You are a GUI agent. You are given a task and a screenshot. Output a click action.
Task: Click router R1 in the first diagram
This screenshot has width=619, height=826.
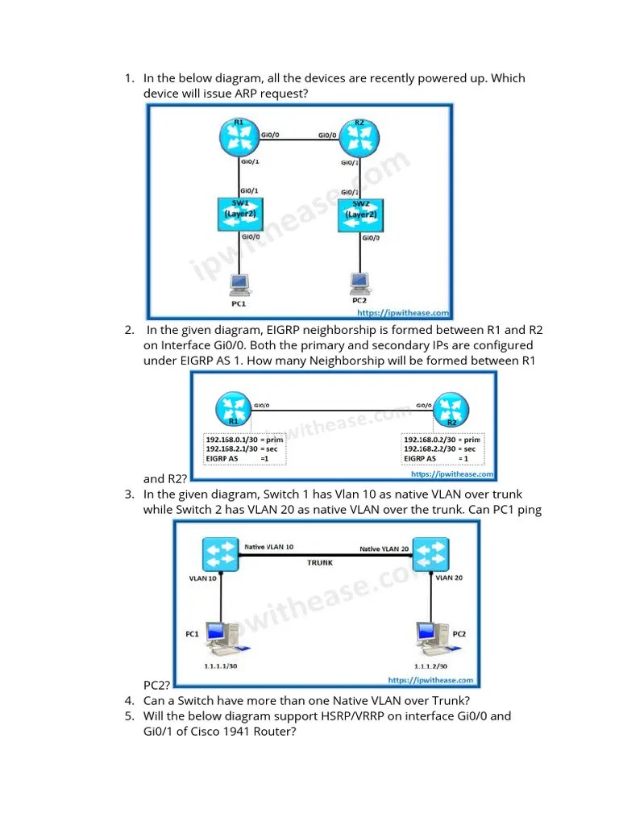click(x=239, y=137)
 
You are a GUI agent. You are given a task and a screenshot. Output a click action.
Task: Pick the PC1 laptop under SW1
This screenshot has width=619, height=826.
click(x=239, y=284)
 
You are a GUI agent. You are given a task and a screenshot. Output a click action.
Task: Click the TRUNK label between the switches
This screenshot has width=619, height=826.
click(x=320, y=563)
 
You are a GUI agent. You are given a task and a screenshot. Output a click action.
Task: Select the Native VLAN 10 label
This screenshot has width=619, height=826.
click(x=269, y=546)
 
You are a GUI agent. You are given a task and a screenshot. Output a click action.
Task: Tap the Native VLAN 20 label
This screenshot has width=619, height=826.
click(x=384, y=549)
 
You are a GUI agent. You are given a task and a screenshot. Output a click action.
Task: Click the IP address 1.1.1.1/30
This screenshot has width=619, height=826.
click(x=220, y=666)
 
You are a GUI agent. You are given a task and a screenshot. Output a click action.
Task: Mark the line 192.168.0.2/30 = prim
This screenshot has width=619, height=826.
click(x=439, y=439)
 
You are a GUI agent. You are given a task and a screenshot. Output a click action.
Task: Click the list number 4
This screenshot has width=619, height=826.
click(x=129, y=700)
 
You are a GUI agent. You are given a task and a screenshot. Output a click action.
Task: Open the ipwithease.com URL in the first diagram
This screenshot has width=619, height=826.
click(x=402, y=313)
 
